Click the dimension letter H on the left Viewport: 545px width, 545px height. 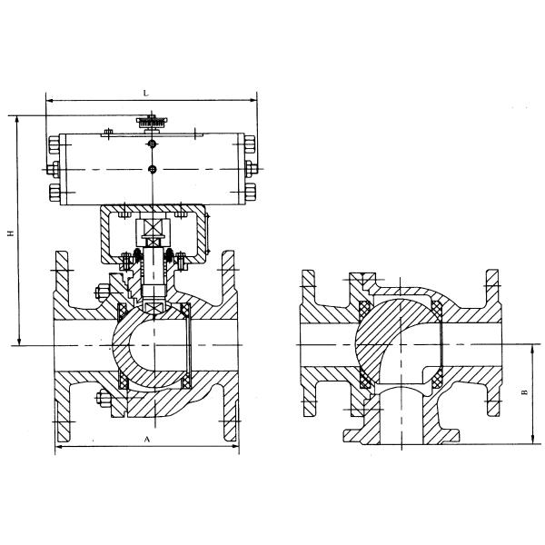[x=10, y=233]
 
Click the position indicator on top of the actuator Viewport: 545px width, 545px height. [x=151, y=120]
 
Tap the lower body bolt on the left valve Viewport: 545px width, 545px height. [x=100, y=397]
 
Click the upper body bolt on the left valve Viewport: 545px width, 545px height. [x=99, y=292]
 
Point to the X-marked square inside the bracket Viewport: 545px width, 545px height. [x=153, y=229]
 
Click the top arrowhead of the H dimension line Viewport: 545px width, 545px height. [x=17, y=119]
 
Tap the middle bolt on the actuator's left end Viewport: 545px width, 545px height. [x=53, y=169]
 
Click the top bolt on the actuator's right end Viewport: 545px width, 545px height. [x=251, y=143]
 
